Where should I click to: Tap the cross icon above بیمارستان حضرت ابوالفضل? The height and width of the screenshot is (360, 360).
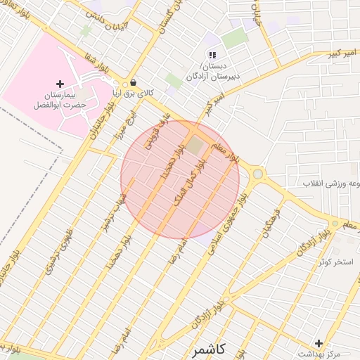[60, 84]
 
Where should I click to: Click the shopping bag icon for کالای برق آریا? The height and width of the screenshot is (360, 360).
[133, 82]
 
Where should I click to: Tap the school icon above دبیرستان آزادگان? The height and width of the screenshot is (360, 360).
[212, 55]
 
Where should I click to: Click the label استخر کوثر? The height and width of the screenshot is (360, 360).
[335, 262]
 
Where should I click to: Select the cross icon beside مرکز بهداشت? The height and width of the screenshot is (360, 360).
[319, 343]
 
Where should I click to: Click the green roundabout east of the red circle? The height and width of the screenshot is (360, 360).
[258, 174]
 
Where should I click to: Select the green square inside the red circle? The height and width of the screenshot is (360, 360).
[195, 146]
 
